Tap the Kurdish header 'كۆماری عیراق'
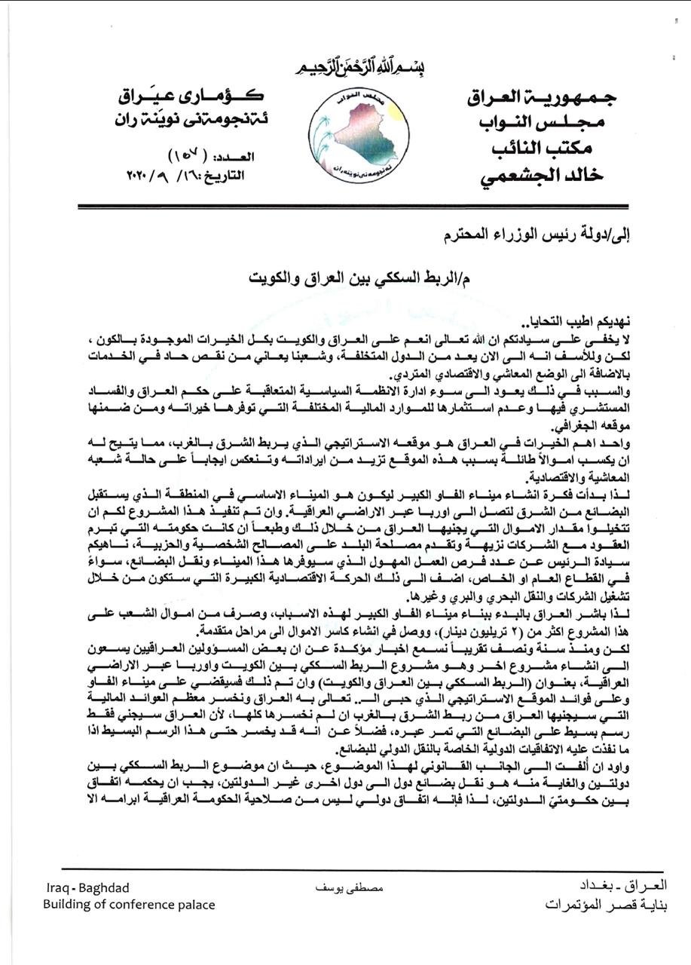click(188, 95)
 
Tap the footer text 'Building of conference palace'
click(129, 904)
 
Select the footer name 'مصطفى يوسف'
click(349, 889)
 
